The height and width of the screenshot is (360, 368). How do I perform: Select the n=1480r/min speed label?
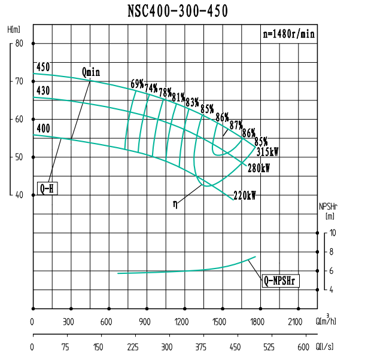pos(289,33)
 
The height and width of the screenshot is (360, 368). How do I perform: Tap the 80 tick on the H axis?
pos(19,43)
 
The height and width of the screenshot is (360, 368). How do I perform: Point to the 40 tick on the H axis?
pos(19,195)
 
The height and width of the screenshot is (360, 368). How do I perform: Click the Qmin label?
pos(91,72)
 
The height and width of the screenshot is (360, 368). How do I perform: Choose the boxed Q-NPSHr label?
pos(280,280)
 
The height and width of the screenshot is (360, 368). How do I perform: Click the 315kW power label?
pos(267,152)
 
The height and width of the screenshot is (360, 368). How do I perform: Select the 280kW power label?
pos(258,169)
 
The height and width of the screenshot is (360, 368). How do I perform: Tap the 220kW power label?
pos(245,196)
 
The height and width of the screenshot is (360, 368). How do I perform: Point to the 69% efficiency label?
pos(137,83)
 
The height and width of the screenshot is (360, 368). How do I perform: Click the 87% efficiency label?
pos(236,125)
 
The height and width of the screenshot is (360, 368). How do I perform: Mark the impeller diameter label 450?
pos(43,66)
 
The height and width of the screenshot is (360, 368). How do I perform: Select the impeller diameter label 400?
pos(43,128)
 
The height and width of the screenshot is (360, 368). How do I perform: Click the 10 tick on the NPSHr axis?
pos(333,233)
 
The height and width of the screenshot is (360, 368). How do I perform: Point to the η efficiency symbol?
pos(175,204)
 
